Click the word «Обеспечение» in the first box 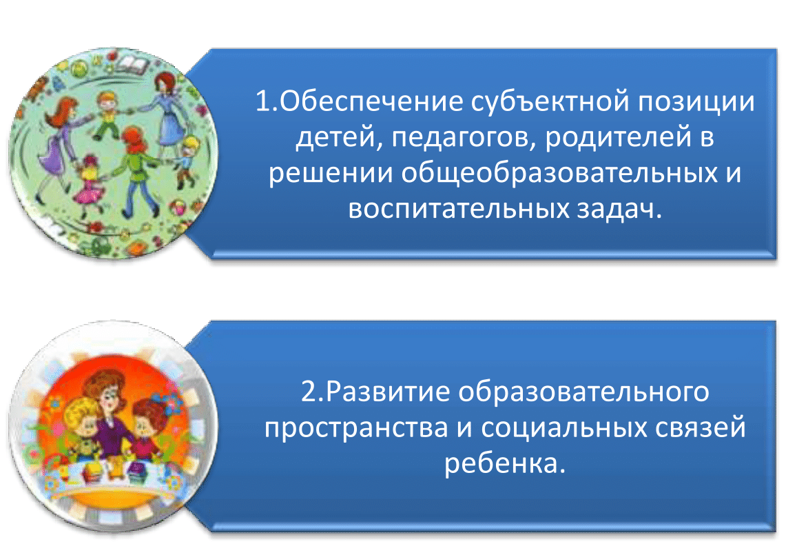coord(371,101)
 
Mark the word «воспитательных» coord(459,210)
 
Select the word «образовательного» coord(583,392)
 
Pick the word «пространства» coord(356,428)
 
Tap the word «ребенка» coord(501,463)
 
